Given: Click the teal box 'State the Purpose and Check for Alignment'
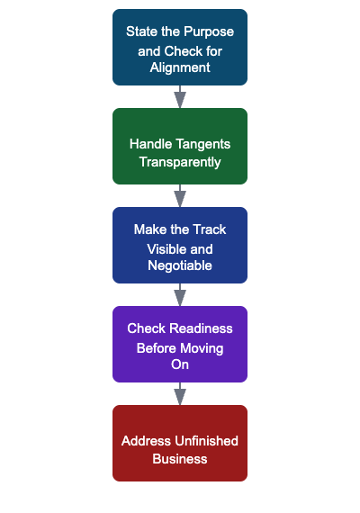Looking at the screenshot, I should click(x=180, y=48).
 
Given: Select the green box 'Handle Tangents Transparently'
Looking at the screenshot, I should click(x=180, y=146).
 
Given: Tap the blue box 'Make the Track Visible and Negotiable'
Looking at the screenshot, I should click(x=180, y=246).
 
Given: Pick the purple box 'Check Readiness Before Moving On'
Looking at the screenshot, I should click(x=180, y=345).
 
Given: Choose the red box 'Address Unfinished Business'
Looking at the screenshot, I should click(x=180, y=443).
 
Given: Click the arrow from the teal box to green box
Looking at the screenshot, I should click(x=180, y=96).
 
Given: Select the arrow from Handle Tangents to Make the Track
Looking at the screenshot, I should click(x=180, y=195).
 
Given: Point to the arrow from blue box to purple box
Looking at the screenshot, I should click(x=180, y=294).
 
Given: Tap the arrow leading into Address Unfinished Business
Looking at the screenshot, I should click(x=180, y=393).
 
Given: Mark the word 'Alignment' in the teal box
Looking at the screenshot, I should click(x=180, y=67).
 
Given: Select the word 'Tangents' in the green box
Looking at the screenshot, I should click(x=204, y=144).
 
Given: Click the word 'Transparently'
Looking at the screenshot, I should click(x=180, y=162).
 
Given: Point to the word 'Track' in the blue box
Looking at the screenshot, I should click(x=208, y=229).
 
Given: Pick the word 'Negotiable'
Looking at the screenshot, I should click(x=180, y=265).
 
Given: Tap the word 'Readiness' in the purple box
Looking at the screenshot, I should click(x=202, y=328).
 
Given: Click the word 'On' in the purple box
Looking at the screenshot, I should click(x=180, y=364).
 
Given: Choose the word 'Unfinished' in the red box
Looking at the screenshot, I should click(x=204, y=441).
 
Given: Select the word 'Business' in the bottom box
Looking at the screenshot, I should click(x=180, y=459).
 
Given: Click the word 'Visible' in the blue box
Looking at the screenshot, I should click(x=167, y=247).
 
